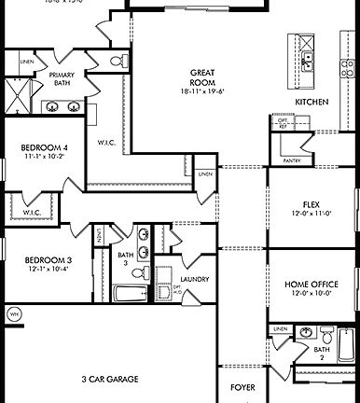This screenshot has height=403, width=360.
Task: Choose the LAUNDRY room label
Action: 195,279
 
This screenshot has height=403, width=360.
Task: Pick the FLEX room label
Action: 312,203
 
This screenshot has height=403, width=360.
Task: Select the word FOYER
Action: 243,385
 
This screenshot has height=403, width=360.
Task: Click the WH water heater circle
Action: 14,314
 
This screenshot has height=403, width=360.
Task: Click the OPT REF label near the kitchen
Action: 282,123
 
